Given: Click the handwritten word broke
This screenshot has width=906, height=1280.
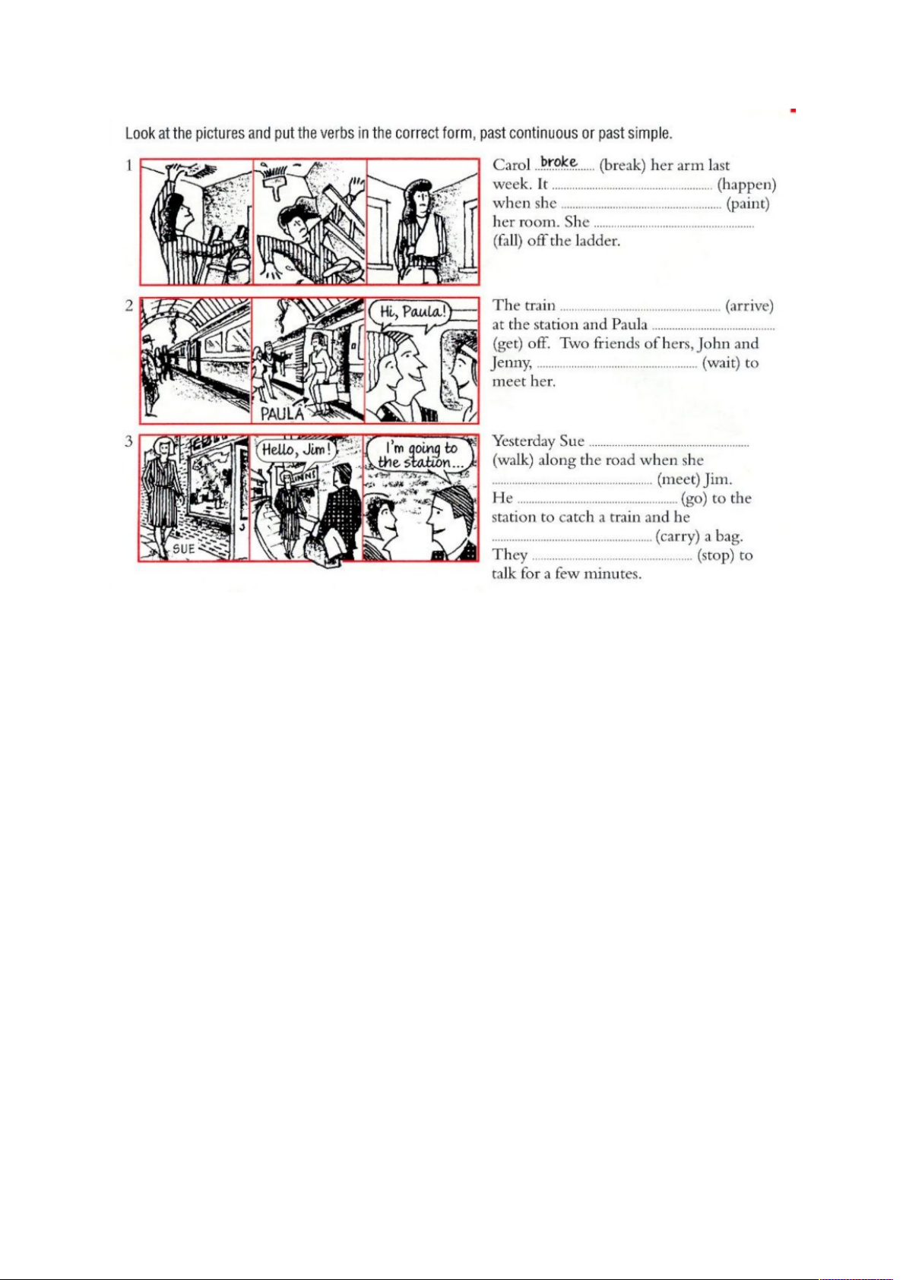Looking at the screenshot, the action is pyautogui.click(x=559, y=162).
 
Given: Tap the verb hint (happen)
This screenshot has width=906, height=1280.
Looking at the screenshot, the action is pyautogui.click(x=746, y=185).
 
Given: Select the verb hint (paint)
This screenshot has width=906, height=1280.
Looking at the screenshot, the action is pyautogui.click(x=748, y=204).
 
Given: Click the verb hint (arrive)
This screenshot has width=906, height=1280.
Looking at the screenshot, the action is pyautogui.click(x=749, y=306).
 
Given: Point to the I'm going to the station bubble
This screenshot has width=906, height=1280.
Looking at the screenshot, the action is pyautogui.click(x=419, y=456).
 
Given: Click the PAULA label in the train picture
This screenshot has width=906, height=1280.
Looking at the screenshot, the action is pyautogui.click(x=282, y=414).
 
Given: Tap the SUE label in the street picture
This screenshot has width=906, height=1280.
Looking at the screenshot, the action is pyautogui.click(x=183, y=549).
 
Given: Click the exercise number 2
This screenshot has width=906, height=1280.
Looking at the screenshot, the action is pyautogui.click(x=129, y=305).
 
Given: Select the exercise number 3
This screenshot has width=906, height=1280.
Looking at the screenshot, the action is pyautogui.click(x=129, y=441).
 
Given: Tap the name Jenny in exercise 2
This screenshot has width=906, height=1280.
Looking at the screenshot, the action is pyautogui.click(x=512, y=363).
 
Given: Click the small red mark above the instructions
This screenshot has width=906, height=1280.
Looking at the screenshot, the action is pyautogui.click(x=794, y=110).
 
